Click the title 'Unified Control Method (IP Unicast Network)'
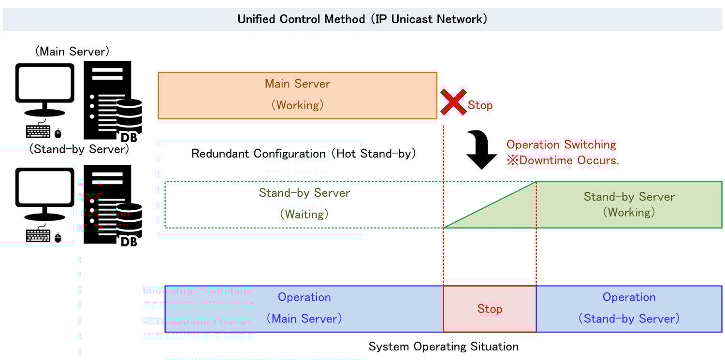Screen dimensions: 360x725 click(362, 19)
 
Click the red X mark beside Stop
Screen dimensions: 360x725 click(453, 102)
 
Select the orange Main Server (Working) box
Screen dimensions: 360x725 click(297, 95)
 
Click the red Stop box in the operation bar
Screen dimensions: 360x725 click(490, 309)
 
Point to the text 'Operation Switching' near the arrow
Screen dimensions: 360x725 click(561, 144)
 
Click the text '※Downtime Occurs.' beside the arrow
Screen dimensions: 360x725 click(563, 160)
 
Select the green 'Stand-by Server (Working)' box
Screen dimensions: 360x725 click(629, 204)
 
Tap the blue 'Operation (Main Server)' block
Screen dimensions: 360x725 click(304, 308)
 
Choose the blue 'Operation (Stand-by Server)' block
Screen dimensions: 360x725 click(629, 308)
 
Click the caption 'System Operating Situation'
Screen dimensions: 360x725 click(443, 346)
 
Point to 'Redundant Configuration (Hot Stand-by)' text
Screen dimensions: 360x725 click(304, 154)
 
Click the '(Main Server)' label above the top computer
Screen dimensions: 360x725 click(72, 52)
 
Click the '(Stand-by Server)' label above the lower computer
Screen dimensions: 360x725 click(79, 149)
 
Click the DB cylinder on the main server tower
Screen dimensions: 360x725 click(129, 116)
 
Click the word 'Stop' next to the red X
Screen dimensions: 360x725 click(480, 105)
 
